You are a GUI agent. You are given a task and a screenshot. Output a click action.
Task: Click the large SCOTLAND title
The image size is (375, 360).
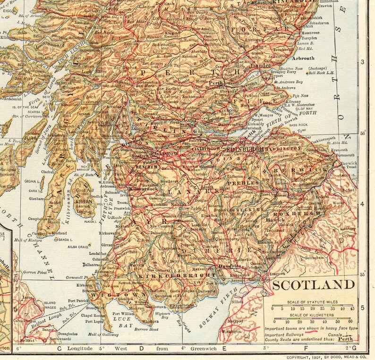point(314,285)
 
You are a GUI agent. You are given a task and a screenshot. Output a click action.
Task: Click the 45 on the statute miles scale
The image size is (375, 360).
point(352,308)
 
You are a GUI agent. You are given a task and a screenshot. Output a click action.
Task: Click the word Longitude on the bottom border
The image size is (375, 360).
point(81,349)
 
